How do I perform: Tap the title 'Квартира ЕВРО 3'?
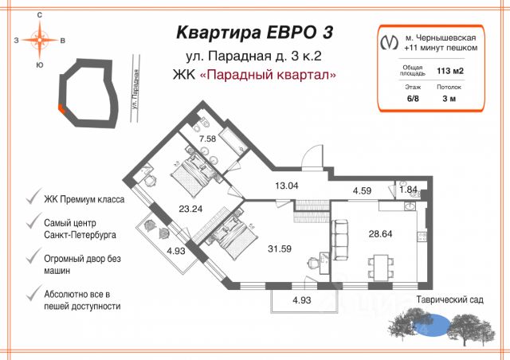click(254, 33)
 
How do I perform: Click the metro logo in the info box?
click(388, 41)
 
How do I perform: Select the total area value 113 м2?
click(450, 72)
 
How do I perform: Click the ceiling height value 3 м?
click(450, 98)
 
